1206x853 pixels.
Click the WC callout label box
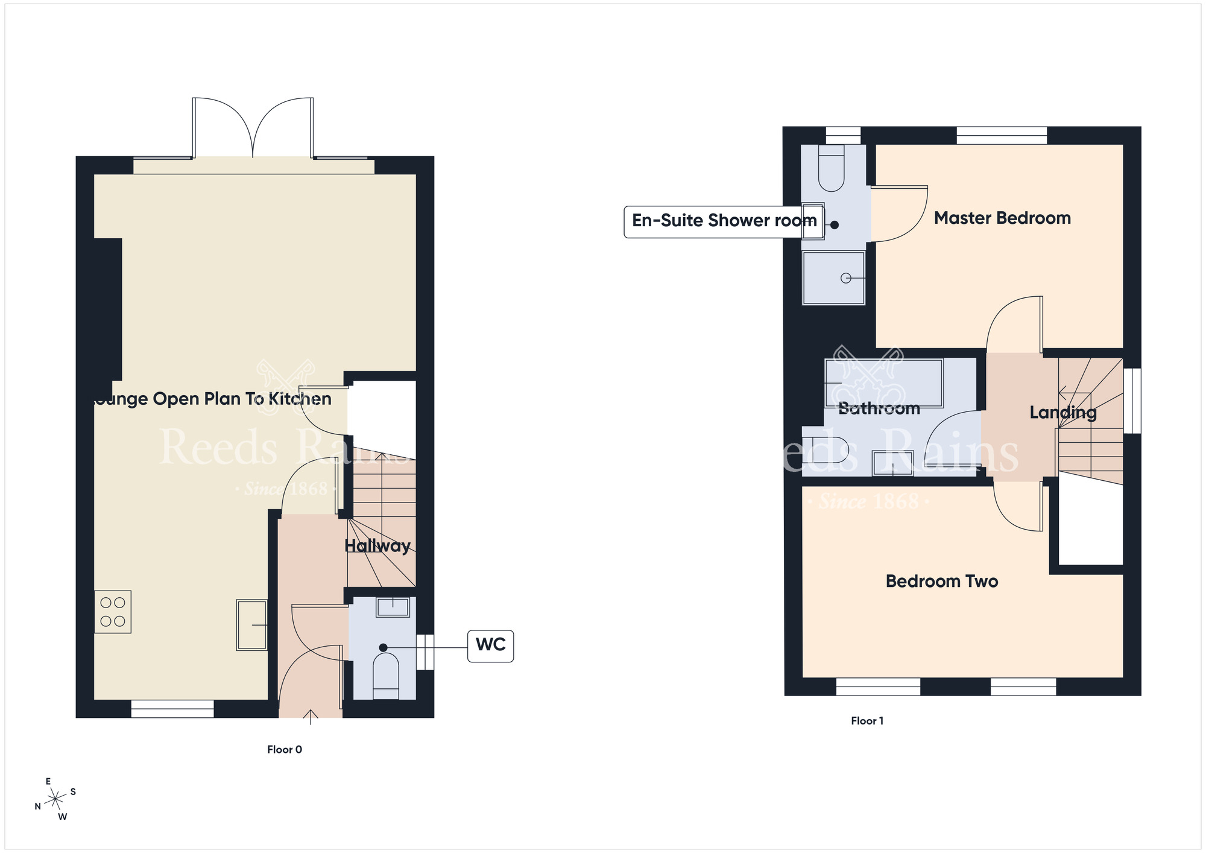490,645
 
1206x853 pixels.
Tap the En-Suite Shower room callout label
723,221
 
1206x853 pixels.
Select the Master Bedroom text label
1002,218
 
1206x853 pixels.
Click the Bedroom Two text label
941,581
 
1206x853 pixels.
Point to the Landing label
1062,413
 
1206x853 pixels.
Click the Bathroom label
879,408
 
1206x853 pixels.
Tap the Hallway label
377,546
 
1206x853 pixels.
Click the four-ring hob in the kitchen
113,612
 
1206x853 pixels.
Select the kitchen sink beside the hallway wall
251,625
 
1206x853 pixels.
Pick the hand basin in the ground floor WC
393,607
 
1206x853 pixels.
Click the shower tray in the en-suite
833,278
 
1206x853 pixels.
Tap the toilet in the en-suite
831,172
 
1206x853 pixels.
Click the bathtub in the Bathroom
883,383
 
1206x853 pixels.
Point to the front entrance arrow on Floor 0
311,717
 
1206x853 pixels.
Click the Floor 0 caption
285,750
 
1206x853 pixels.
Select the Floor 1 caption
867,721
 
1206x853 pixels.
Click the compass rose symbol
55,799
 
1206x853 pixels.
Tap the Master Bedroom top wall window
1002,136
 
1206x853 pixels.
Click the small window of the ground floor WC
425,652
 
